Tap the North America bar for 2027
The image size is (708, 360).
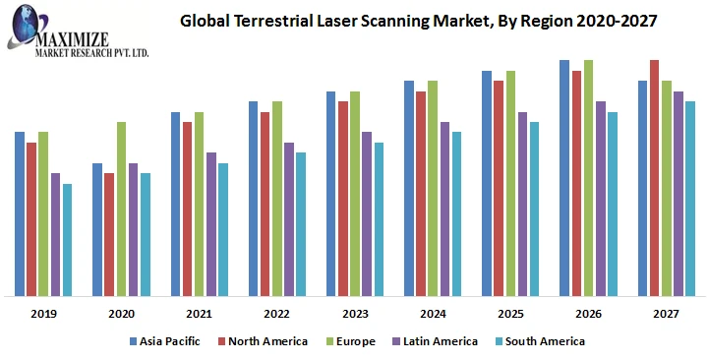click(654, 177)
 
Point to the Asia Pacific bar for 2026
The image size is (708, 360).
click(564, 177)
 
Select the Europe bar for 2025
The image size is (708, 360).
click(510, 183)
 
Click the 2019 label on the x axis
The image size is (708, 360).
click(43, 314)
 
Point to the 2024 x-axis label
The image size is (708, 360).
click(433, 314)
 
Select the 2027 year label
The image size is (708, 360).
click(666, 314)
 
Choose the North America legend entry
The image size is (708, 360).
click(269, 341)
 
